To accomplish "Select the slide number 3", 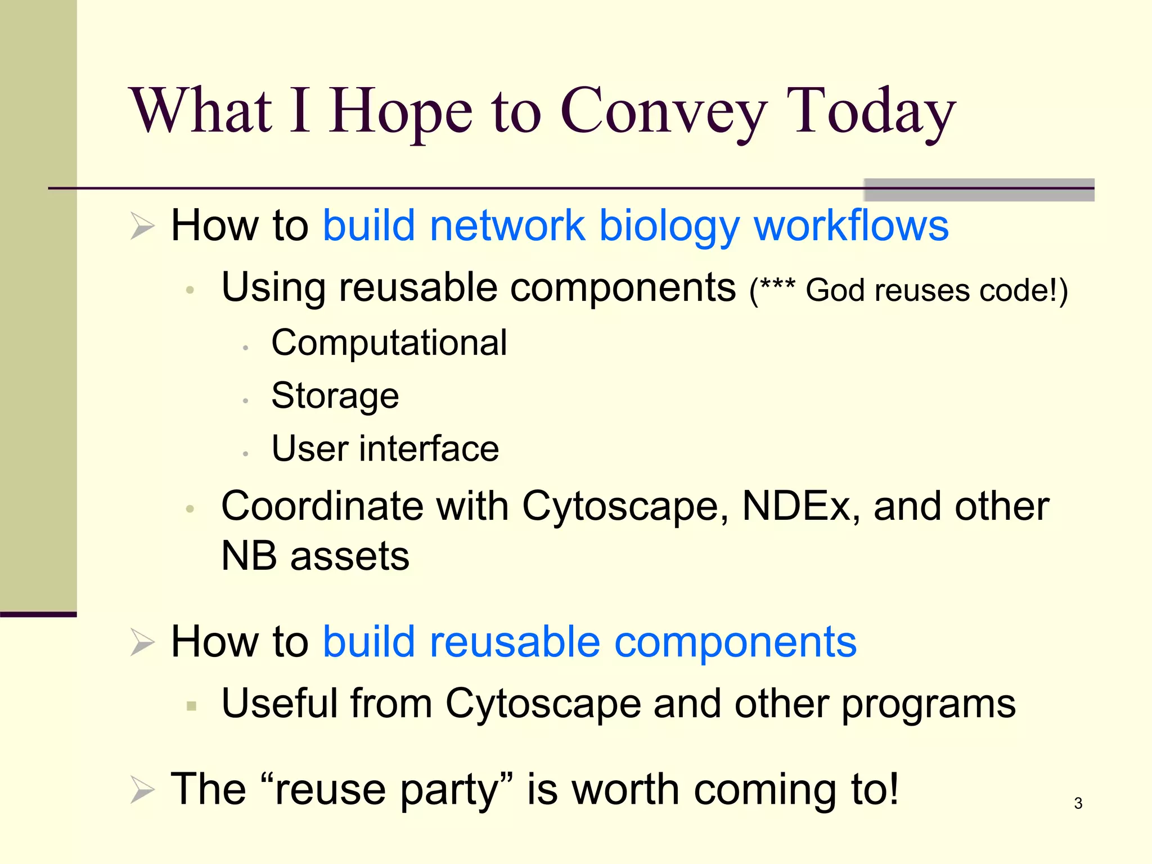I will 1078,803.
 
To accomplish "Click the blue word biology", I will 669,226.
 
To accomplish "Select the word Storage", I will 335,395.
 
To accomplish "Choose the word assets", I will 349,556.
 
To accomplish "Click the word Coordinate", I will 322,506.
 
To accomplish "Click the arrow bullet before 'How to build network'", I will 142,226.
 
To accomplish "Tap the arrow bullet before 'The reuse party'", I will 142,789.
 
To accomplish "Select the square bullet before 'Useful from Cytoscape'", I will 191,705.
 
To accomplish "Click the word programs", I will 928,704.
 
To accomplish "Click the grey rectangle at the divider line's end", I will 979,190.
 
